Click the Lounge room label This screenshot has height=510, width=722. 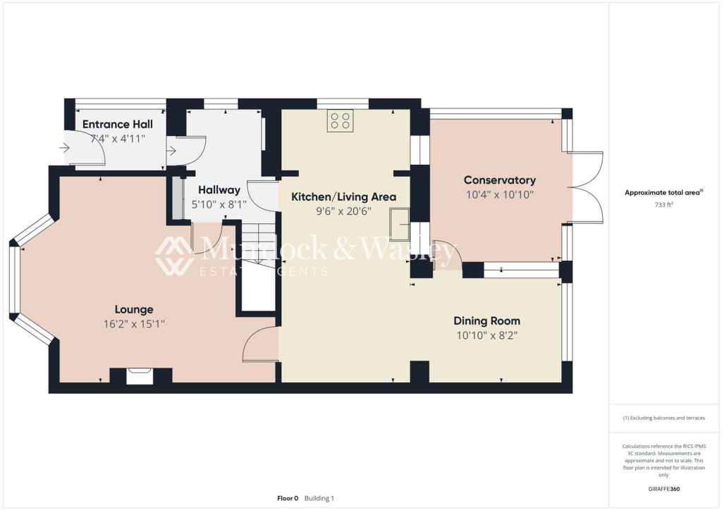click(134, 309)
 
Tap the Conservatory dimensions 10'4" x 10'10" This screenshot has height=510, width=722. click(500, 194)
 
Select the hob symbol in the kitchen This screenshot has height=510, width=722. click(340, 121)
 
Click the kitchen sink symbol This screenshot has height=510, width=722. click(400, 224)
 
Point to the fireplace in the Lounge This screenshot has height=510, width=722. click(140, 375)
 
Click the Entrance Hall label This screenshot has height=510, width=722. click(117, 124)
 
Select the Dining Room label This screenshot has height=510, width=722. click(487, 321)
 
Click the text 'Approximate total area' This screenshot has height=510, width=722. click(663, 192)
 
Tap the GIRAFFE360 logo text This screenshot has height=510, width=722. click(665, 488)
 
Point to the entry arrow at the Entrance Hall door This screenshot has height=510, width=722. click(64, 148)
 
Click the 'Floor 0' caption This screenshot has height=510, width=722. click(288, 498)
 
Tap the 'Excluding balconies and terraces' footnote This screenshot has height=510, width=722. click(663, 418)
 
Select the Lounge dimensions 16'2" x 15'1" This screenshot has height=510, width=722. click(134, 324)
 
